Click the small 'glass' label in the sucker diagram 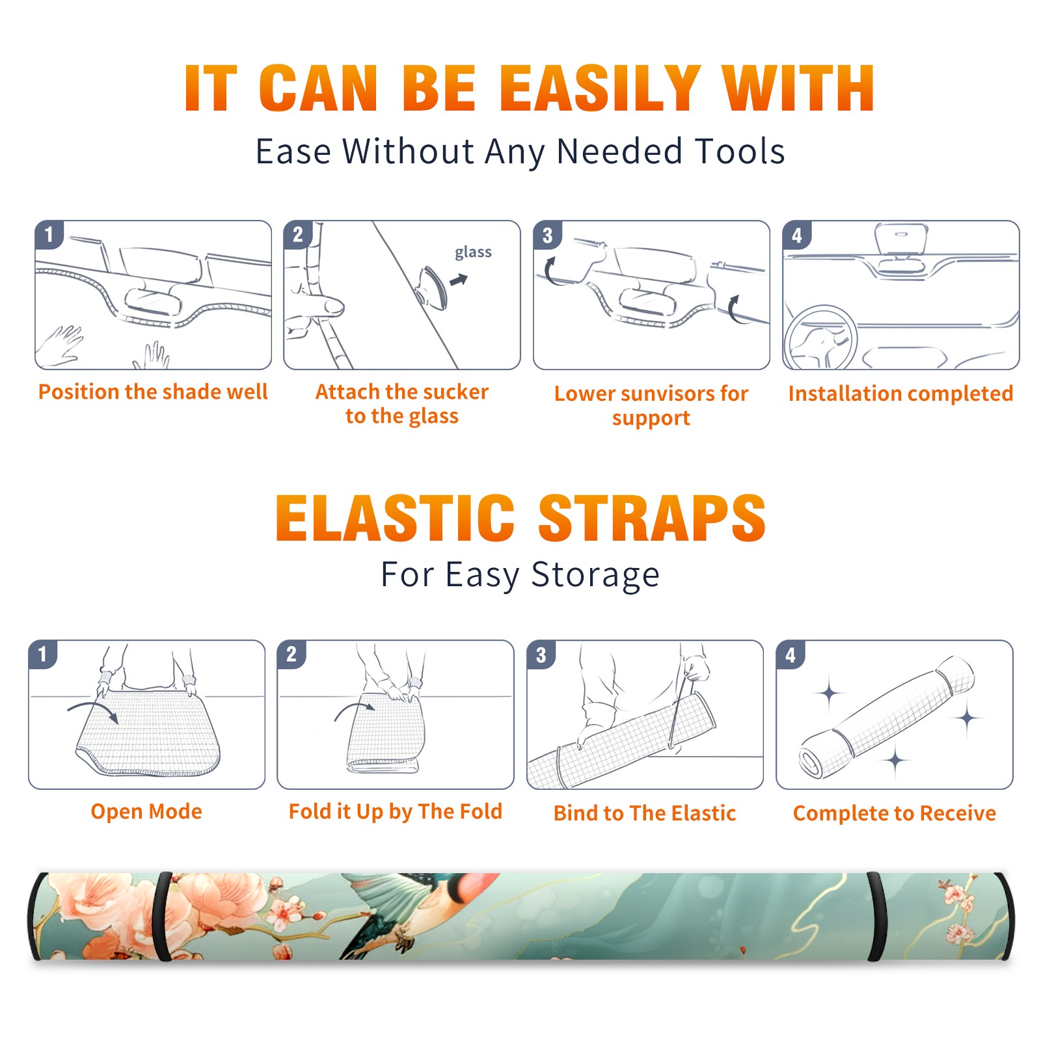473,252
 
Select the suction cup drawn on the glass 433,287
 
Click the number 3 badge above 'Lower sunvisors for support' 547,235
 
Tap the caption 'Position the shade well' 153,392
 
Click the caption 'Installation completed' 900,394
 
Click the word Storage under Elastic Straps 595,575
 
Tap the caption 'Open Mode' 146,811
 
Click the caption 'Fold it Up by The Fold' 396,811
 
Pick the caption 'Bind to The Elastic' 645,813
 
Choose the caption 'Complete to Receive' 895,813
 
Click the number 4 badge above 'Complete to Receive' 791,655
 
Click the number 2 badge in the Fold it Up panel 291,654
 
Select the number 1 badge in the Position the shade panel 49,234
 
